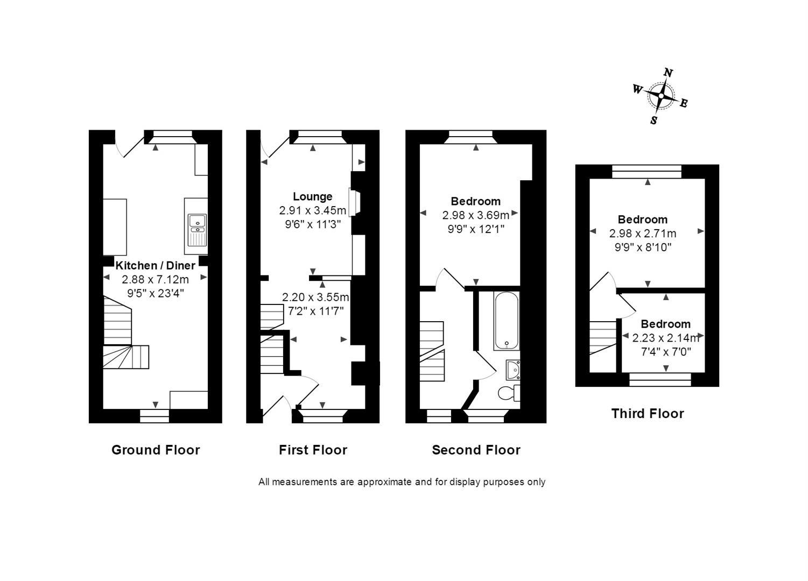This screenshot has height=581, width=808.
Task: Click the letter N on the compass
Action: pyautogui.click(x=668, y=73)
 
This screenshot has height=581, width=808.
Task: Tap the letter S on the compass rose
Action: pyautogui.click(x=654, y=121)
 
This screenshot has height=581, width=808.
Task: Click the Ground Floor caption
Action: pyautogui.click(x=156, y=450)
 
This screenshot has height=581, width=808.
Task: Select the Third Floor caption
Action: pyautogui.click(x=648, y=413)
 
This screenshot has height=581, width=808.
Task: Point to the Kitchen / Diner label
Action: pyautogui.click(x=155, y=266)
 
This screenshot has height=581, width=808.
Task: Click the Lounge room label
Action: pyautogui.click(x=312, y=197)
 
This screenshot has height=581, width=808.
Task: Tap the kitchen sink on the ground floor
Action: pyautogui.click(x=197, y=229)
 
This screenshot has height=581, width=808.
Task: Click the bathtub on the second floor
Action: pyautogui.click(x=507, y=321)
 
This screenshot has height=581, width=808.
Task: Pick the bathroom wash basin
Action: pyautogui.click(x=513, y=370)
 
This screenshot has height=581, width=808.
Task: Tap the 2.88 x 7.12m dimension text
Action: pyautogui.click(x=155, y=279)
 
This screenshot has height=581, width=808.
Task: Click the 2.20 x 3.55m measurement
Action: pyautogui.click(x=315, y=297)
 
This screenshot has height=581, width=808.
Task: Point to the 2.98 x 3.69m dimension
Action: pyautogui.click(x=476, y=215)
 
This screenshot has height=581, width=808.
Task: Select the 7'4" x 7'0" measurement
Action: pyautogui.click(x=666, y=351)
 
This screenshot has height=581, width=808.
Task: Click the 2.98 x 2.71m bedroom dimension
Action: pyautogui.click(x=643, y=233)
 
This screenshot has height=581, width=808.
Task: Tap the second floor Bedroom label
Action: pyautogui.click(x=476, y=201)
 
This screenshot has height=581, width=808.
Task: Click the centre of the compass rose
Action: pyautogui.click(x=661, y=96)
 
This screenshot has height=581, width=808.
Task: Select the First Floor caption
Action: pyautogui.click(x=313, y=450)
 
